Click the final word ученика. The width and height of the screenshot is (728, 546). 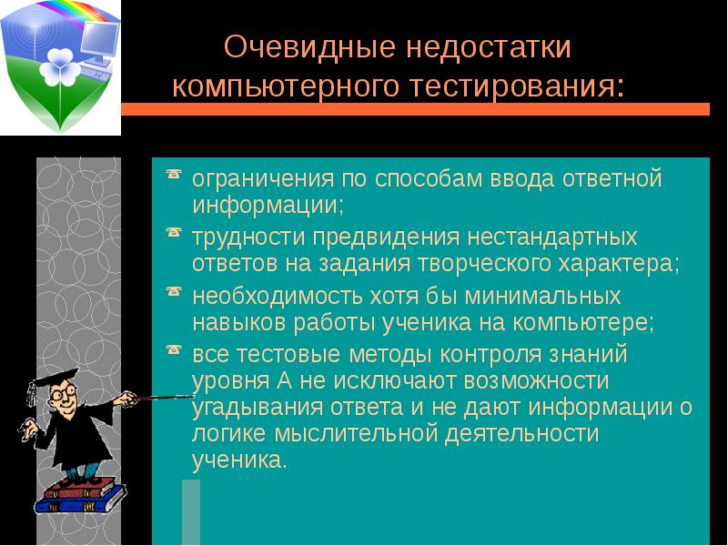[x=238, y=460]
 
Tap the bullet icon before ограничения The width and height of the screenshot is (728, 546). [x=173, y=175]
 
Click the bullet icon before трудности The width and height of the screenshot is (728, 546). [x=173, y=235]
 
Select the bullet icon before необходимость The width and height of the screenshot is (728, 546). [x=173, y=293]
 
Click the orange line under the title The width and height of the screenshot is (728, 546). [x=414, y=109]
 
